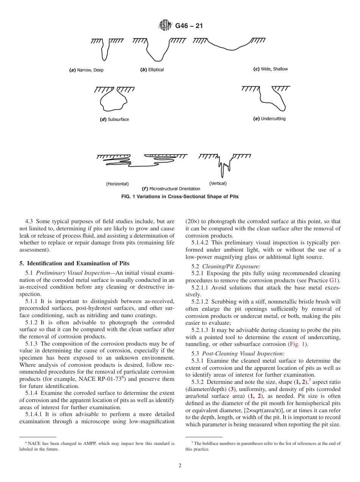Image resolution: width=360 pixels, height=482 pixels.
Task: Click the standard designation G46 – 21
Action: click(x=189, y=26)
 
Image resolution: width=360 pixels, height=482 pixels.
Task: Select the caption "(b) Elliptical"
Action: click(x=152, y=70)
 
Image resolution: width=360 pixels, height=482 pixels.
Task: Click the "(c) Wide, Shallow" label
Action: click(x=270, y=69)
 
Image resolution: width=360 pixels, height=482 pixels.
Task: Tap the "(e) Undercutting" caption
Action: click(x=269, y=119)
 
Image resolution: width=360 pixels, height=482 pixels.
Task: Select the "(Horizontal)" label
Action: click(x=117, y=184)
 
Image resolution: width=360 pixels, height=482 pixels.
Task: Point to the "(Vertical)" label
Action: click(x=218, y=183)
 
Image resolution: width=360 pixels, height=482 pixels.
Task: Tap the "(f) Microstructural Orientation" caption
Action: click(x=171, y=189)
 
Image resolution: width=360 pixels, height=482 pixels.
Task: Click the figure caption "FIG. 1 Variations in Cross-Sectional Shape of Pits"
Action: click(x=180, y=197)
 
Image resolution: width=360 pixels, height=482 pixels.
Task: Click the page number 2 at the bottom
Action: click(x=180, y=466)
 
